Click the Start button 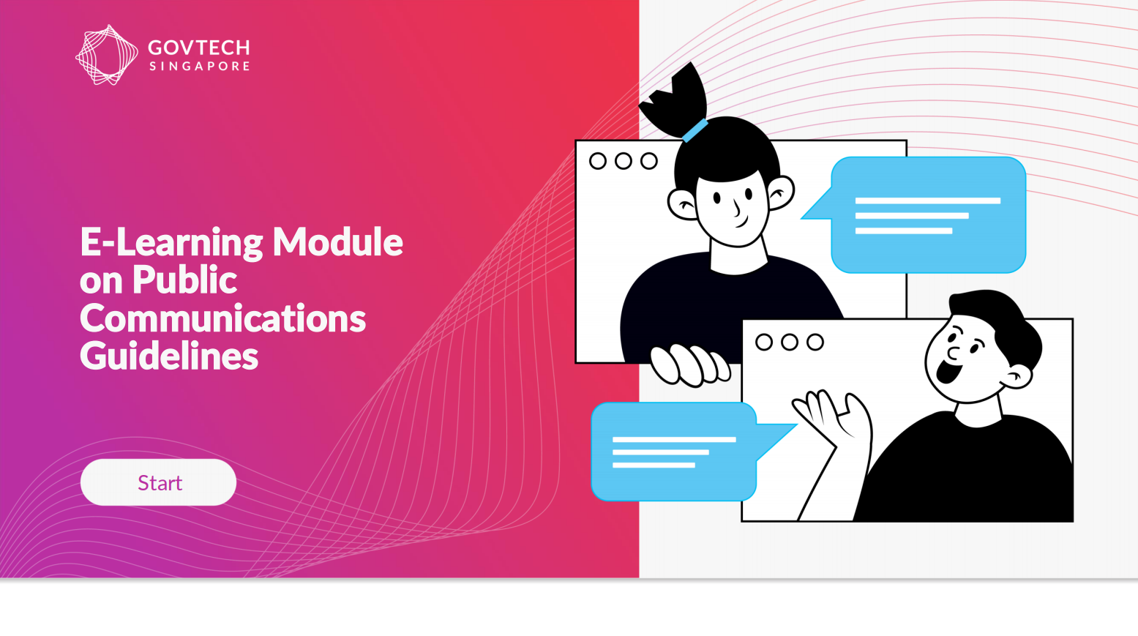coord(158,482)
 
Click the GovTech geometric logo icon coord(107,55)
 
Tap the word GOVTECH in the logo coord(198,48)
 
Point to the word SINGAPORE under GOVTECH coord(199,66)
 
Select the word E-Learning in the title coord(171,242)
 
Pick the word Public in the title coord(184,280)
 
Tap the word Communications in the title coord(222,318)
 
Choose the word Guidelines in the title coord(169,356)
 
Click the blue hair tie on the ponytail coord(695,130)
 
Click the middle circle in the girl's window coord(624,161)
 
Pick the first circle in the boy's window coord(764,342)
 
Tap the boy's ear coord(1018,376)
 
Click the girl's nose coord(737,208)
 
